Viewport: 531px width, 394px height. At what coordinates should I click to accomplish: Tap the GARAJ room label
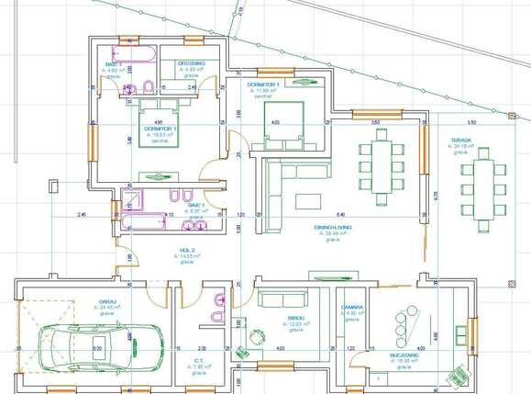coord(108,300)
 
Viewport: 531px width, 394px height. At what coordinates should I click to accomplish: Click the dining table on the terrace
coord(482,193)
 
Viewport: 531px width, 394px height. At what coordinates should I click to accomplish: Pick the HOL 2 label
coord(187,250)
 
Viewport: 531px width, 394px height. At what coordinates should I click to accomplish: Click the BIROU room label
coord(295,318)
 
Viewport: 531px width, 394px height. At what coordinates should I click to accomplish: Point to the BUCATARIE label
coord(403,355)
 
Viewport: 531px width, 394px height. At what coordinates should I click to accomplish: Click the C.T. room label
coord(199,361)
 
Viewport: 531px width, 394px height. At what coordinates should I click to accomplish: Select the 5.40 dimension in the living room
coord(340,215)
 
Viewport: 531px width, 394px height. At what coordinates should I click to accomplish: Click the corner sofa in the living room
coord(273,184)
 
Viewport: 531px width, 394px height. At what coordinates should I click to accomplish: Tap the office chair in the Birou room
coord(245,350)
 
